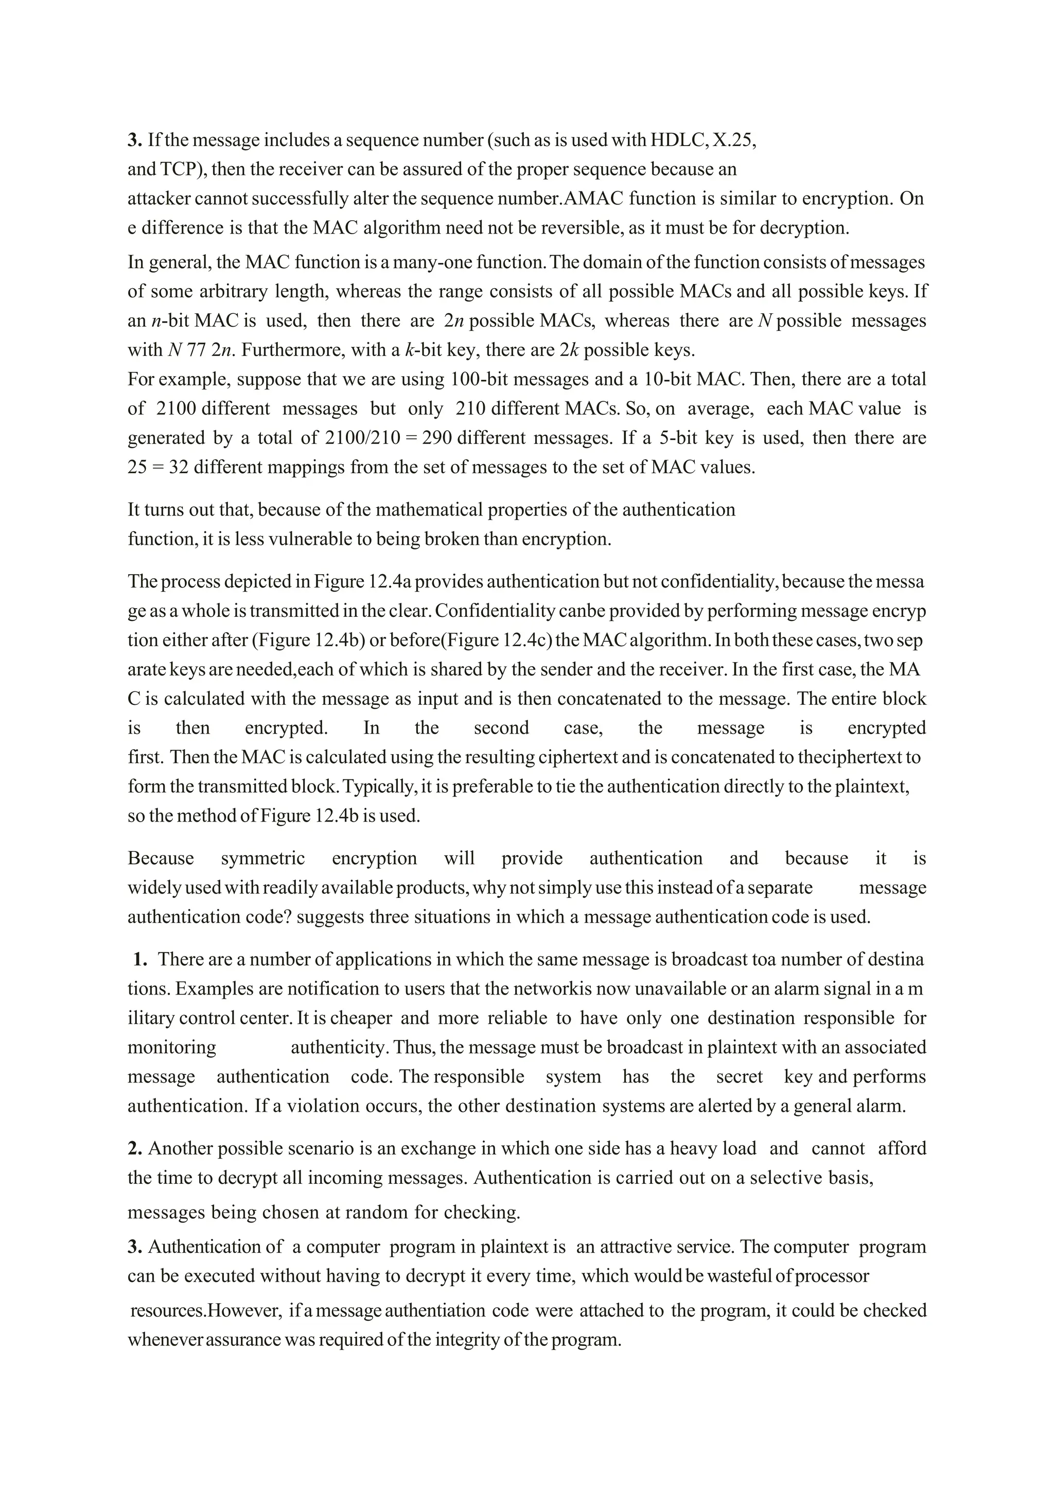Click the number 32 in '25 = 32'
coord(179,467)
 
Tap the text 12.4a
coord(390,581)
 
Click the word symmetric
coord(263,859)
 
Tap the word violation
coord(329,1106)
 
